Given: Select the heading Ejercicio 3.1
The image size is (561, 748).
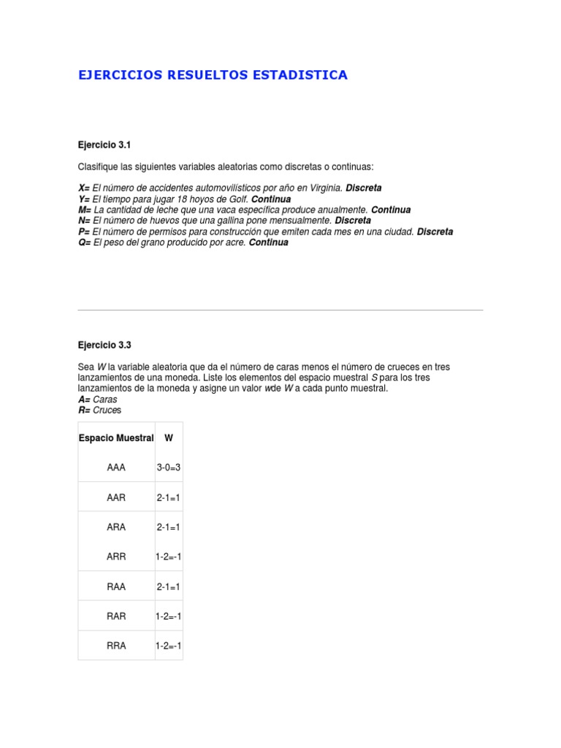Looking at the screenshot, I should click(x=104, y=145).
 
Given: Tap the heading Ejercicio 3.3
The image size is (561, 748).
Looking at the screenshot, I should click(x=104, y=345).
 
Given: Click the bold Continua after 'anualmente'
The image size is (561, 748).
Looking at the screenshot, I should click(x=391, y=210).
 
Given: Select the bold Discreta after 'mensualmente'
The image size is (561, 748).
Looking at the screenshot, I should click(x=353, y=221).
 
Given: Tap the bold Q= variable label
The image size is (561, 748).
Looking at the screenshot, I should click(x=84, y=243).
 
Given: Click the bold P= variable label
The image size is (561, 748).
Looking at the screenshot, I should click(x=84, y=232).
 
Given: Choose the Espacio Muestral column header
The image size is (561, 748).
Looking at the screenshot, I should click(x=116, y=438).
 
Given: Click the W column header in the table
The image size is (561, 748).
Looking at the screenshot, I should click(x=169, y=438).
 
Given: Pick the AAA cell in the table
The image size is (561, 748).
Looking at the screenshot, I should click(x=116, y=467).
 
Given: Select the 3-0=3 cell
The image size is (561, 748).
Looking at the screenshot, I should click(x=169, y=467).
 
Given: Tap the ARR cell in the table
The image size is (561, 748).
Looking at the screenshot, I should click(x=116, y=557).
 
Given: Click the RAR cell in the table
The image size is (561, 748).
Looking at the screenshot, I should click(x=116, y=616).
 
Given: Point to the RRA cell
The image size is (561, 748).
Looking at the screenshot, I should click(x=116, y=646).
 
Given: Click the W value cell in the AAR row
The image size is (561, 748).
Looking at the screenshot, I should click(x=169, y=497).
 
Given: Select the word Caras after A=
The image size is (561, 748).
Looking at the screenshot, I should click(x=105, y=400).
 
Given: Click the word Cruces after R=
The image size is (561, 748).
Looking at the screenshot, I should click(x=107, y=411).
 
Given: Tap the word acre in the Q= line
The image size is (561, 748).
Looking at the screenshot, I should click(x=236, y=243).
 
